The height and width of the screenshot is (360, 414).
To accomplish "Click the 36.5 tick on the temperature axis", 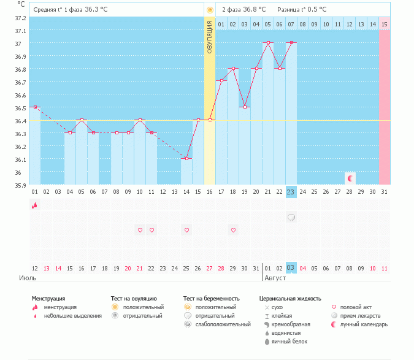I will pyautogui.click(x=21, y=108).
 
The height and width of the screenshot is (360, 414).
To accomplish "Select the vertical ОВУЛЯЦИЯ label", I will pyautogui.click(x=210, y=37).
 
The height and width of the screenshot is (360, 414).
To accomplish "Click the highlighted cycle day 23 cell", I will pyautogui.click(x=291, y=191).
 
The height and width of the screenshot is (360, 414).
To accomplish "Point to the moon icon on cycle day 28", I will pyautogui.click(x=350, y=178).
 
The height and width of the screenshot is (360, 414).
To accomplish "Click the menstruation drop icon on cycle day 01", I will pyautogui.click(x=35, y=205).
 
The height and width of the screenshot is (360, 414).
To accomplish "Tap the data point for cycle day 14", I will pyautogui.click(x=186, y=158).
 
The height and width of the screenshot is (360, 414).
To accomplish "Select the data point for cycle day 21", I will pyautogui.click(x=268, y=43).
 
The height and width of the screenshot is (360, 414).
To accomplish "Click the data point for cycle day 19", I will pyautogui.click(x=245, y=107).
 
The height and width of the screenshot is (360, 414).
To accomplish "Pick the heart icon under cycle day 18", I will pyautogui.click(x=233, y=230).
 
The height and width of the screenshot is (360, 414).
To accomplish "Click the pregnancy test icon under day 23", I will pyautogui.click(x=291, y=217).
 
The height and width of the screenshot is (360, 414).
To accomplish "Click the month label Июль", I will pyautogui.click(x=27, y=278).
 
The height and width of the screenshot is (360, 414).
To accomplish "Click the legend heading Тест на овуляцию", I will pyautogui.click(x=134, y=298).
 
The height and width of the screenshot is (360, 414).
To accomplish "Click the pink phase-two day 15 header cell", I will pyautogui.click(x=385, y=24).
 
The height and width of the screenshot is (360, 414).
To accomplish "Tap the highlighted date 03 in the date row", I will pyautogui.click(x=291, y=268).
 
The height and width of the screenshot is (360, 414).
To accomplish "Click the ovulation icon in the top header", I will pyautogui.click(x=210, y=10).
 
